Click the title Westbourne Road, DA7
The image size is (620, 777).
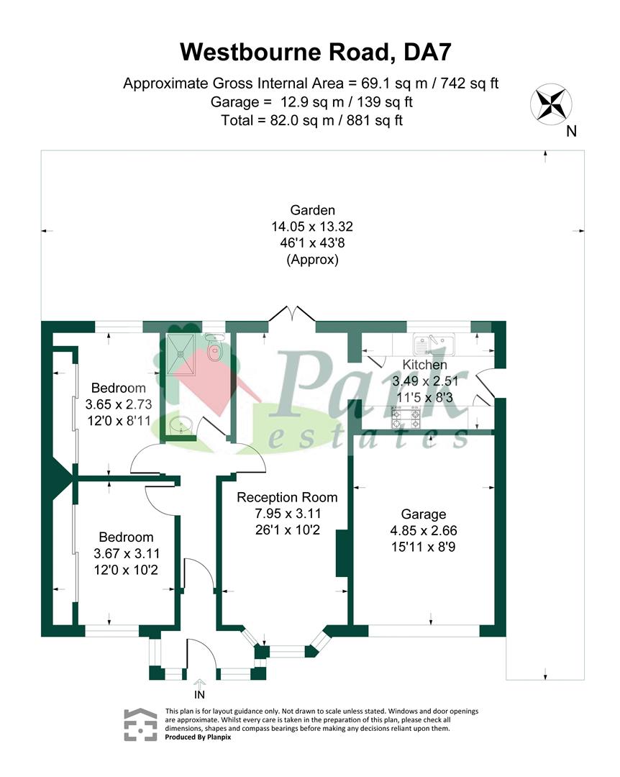[x=315, y=52]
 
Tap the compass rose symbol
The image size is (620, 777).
[x=551, y=104]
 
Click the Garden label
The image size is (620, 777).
[x=312, y=210]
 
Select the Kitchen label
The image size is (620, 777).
[x=425, y=365]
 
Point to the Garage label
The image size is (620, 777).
[x=423, y=514]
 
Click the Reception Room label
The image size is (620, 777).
[x=287, y=498]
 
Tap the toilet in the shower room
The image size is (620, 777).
[x=214, y=348]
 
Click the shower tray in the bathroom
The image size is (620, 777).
[x=181, y=355]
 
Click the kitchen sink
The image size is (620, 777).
[x=434, y=342]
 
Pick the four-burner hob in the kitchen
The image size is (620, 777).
[x=406, y=418]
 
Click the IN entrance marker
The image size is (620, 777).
[x=199, y=695]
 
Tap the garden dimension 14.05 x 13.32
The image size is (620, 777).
[x=312, y=227]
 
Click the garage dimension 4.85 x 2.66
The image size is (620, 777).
[x=423, y=531]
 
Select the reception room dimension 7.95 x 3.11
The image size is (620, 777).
[x=288, y=514]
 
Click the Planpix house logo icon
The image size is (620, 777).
[x=140, y=724]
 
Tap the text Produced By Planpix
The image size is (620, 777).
[x=198, y=737]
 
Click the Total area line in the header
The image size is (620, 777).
[x=311, y=120]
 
